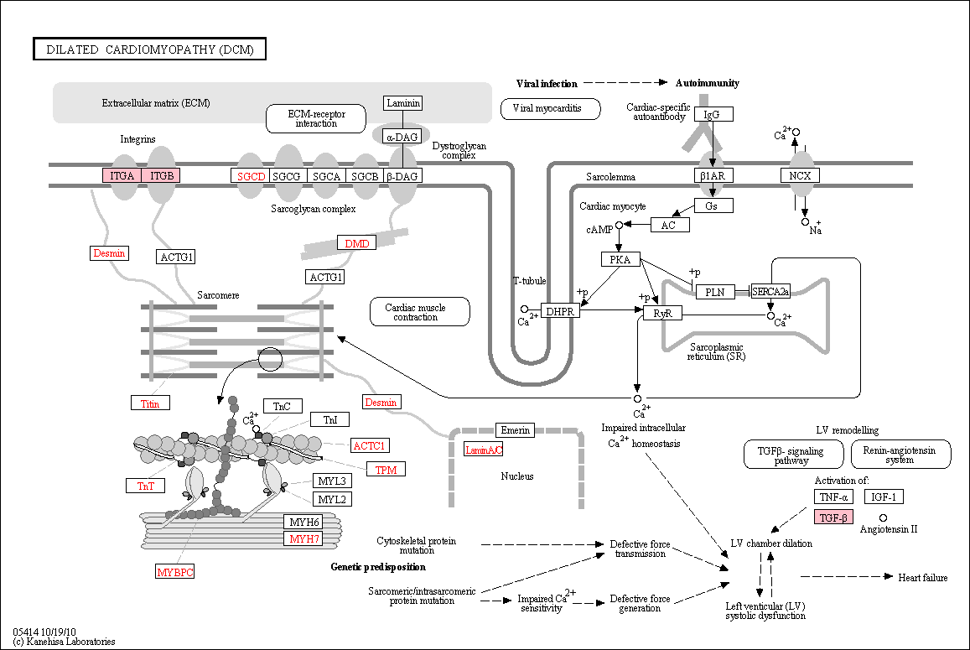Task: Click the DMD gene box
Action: coord(357,243)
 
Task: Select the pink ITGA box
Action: coord(122,176)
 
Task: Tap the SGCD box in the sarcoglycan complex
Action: coord(251,176)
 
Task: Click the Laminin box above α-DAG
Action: coord(403,103)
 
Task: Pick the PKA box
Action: coord(620,259)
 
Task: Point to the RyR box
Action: coord(662,313)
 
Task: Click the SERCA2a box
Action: coord(770,292)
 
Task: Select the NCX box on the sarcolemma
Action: coord(800,176)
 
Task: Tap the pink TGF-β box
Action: coord(834,517)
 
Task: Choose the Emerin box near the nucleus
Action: coord(516,430)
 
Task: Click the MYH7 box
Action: coord(303,539)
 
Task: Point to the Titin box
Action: coord(150,403)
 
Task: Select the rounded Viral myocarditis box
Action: coord(551,109)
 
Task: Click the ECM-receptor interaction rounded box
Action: coord(316,119)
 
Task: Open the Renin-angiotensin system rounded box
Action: coord(901,455)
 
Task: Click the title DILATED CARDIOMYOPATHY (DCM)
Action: coord(150,49)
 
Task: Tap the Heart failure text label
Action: coord(923,578)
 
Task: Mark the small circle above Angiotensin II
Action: coord(884,517)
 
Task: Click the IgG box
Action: coord(712,115)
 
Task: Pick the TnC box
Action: coord(282,406)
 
